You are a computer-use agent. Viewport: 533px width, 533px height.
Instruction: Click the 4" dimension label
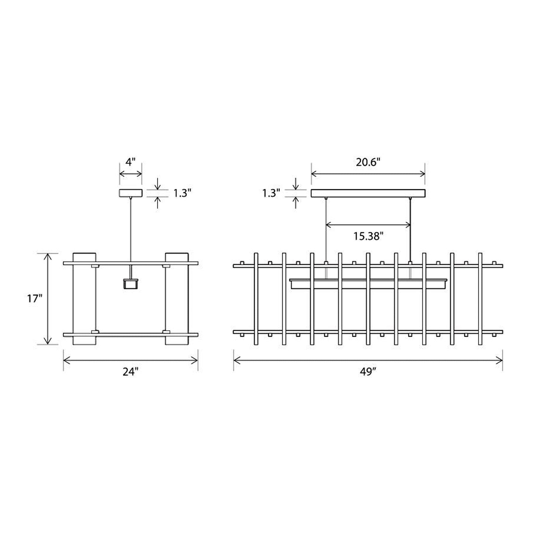click(131, 162)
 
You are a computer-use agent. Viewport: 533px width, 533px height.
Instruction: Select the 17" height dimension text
click(32, 298)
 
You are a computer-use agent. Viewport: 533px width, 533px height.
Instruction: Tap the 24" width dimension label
click(130, 372)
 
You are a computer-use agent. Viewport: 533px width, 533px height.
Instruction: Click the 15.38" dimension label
click(368, 236)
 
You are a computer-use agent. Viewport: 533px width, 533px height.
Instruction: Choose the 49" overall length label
click(368, 372)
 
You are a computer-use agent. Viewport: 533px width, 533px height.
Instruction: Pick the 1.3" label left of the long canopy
click(271, 193)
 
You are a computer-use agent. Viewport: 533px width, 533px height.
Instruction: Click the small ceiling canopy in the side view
click(131, 193)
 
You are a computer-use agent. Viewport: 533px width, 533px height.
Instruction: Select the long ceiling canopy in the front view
click(368, 193)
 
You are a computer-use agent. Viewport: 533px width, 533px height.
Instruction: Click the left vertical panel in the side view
click(84, 299)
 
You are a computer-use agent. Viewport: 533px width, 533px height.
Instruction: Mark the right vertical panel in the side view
click(177, 299)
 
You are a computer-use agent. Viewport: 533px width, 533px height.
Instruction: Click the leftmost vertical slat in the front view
click(256, 299)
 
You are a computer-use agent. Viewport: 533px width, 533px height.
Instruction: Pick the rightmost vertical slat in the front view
click(480, 299)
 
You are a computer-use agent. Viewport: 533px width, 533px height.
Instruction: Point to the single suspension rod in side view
click(131, 229)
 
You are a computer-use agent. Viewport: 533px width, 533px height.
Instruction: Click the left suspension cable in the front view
click(326, 229)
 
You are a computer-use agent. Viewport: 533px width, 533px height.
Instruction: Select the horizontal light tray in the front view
click(368, 284)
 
